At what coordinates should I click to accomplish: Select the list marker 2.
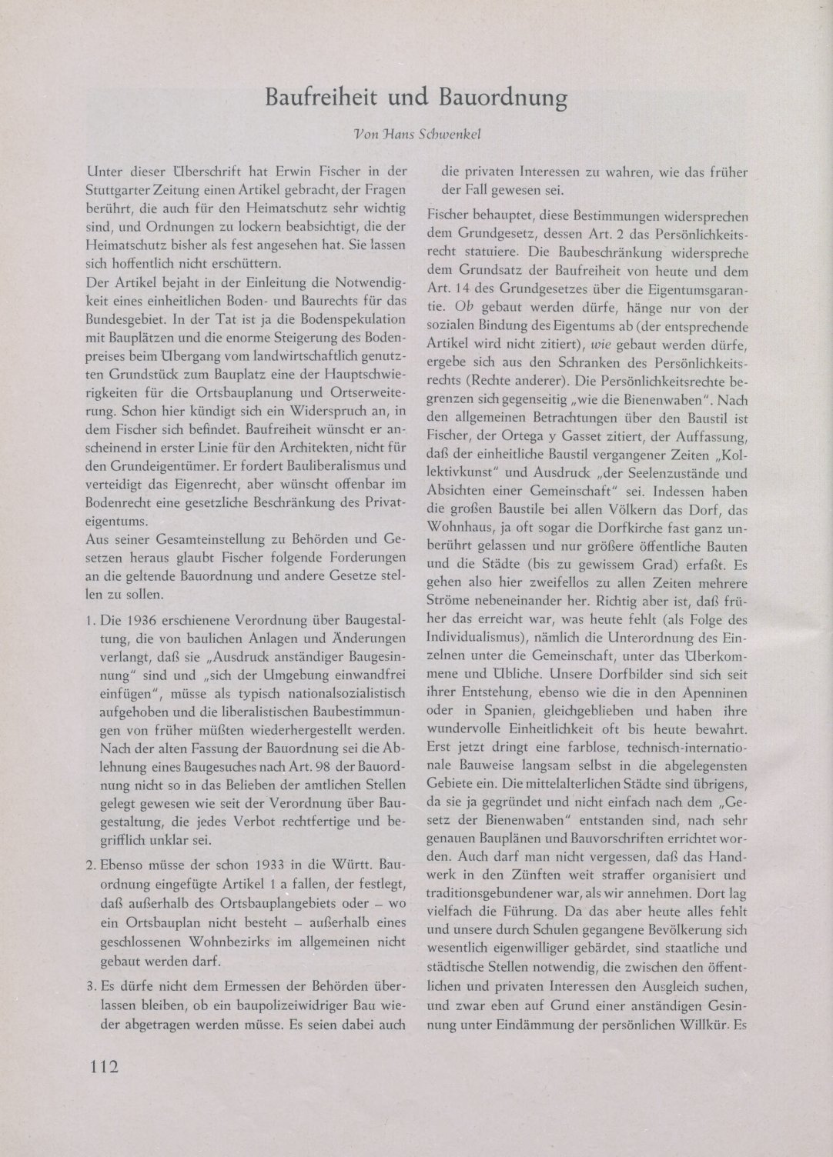pyautogui.click(x=91, y=859)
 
